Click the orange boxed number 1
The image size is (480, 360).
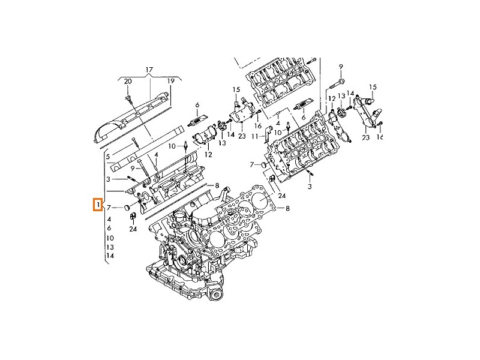[x=97, y=206]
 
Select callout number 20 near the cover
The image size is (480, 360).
[x=127, y=81]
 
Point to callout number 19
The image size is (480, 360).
[x=170, y=81]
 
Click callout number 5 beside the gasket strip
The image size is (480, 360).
[x=108, y=157]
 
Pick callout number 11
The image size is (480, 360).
[x=254, y=137]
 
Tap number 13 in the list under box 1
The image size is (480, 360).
[x=109, y=247]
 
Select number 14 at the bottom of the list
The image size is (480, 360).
[x=109, y=256]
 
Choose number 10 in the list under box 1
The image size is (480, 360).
[x=109, y=238]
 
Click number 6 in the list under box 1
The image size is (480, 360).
[x=109, y=228]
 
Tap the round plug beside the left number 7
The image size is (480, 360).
[x=127, y=208]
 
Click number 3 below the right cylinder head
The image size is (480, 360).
[x=310, y=188]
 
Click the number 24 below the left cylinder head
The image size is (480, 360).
[x=133, y=229]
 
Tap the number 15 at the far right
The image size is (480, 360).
[x=373, y=88]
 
